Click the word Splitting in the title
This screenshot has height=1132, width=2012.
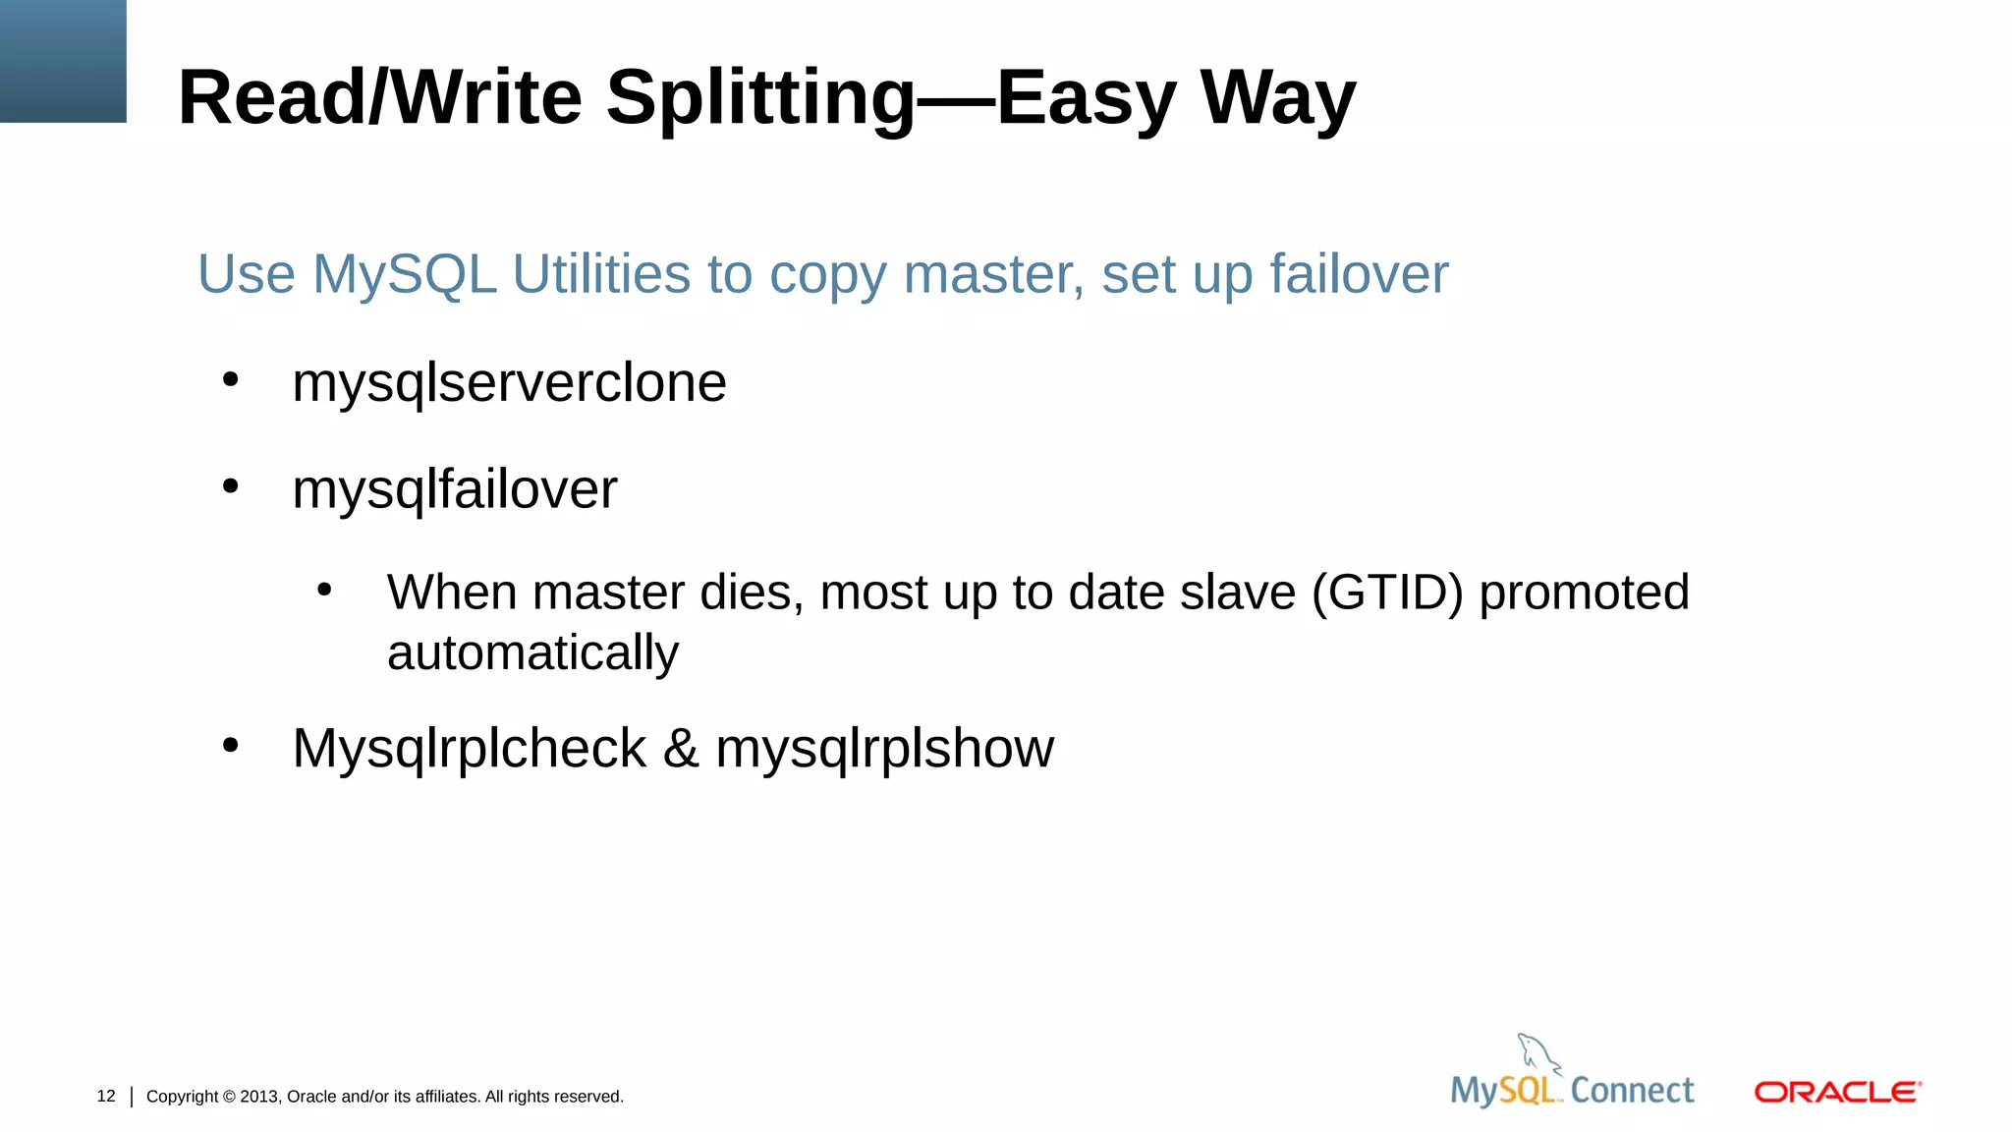point(760,98)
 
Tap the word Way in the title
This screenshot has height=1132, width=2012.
point(1277,98)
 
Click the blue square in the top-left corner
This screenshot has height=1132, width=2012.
point(63,61)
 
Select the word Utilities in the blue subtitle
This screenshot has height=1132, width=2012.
point(601,274)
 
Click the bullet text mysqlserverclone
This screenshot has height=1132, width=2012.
point(509,382)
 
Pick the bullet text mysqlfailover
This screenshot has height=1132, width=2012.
point(455,489)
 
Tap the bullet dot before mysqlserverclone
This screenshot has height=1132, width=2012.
point(231,379)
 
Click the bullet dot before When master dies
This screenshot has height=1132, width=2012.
point(325,590)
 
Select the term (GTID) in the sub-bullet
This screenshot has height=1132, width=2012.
point(1387,593)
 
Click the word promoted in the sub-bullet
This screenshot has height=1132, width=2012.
point(1584,593)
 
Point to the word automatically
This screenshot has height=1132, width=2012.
point(532,653)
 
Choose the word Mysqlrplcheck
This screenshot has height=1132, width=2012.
point(469,749)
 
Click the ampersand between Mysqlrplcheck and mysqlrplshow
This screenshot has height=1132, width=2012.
point(681,749)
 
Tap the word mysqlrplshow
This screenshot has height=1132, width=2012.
point(884,749)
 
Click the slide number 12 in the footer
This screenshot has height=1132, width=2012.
point(106,1096)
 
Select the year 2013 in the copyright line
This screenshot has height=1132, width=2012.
point(259,1097)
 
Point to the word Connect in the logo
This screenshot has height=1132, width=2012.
point(1632,1091)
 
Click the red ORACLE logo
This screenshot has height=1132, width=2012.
point(1837,1093)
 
